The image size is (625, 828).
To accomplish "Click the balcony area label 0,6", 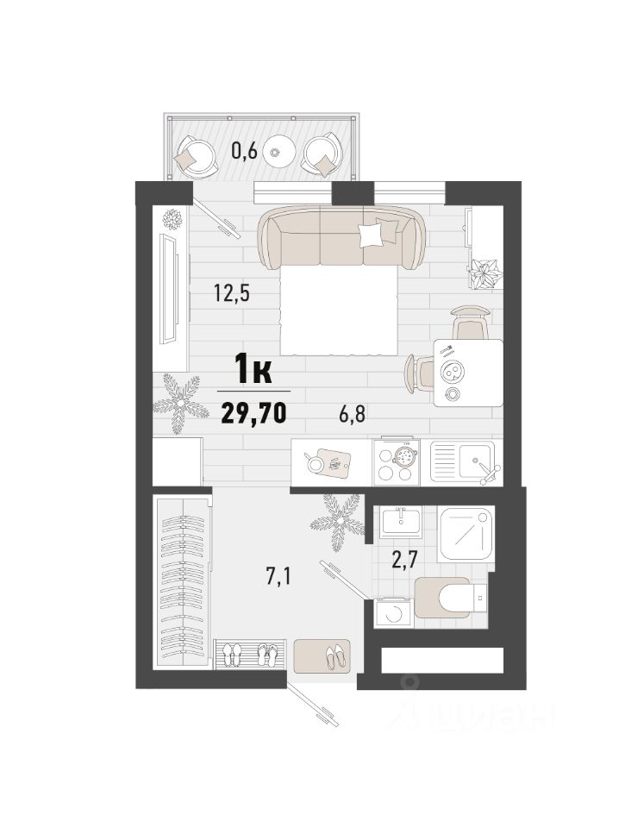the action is click(x=244, y=152).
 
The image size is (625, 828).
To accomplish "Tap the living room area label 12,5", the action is click(x=231, y=292).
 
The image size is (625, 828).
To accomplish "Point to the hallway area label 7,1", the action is click(x=279, y=577).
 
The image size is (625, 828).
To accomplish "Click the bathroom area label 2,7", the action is click(x=404, y=559).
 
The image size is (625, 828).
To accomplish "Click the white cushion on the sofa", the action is click(x=371, y=235).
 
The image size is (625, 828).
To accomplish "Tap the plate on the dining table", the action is click(x=452, y=373).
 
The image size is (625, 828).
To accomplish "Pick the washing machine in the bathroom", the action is click(x=393, y=613).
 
